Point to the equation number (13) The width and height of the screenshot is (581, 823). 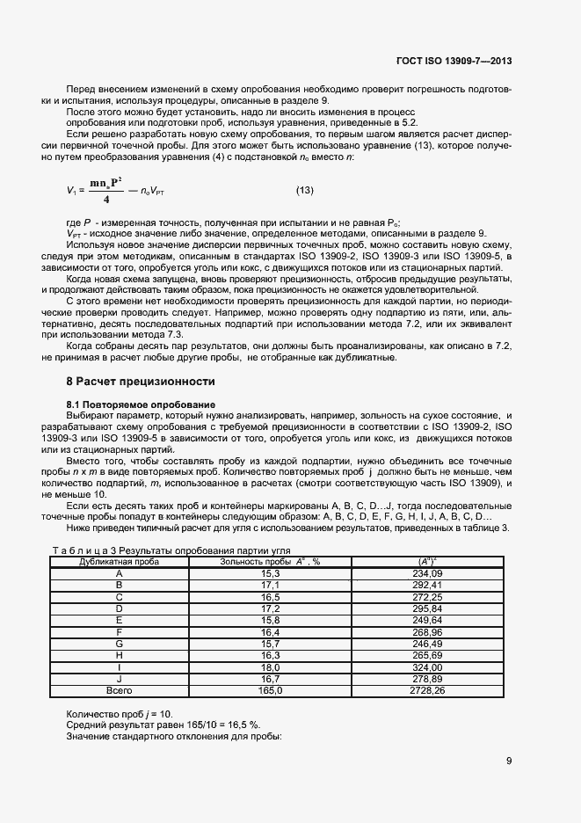[305, 191]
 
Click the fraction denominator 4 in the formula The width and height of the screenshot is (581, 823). [105, 200]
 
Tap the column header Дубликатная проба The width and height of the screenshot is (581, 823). [119, 560]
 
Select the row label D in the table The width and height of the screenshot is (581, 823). [119, 608]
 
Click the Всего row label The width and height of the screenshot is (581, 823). [119, 691]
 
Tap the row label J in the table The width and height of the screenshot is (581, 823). [119, 680]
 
